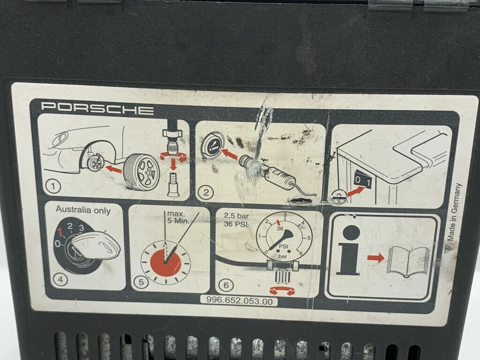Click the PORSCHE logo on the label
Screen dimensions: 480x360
click(x=97, y=109)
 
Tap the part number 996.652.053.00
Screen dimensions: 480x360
click(x=240, y=301)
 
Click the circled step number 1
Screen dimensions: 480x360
click(x=54, y=186)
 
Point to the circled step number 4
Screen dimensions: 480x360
click(x=60, y=279)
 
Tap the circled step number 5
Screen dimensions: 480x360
click(x=141, y=281)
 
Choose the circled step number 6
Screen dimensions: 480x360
click(x=226, y=285)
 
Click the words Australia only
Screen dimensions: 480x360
click(x=83, y=210)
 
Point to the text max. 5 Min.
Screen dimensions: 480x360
click(x=178, y=217)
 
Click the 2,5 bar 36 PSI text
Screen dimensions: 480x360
click(x=236, y=220)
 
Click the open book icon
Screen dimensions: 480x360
click(x=408, y=262)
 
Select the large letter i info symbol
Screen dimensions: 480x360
click(x=349, y=250)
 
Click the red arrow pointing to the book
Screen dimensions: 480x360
click(x=375, y=258)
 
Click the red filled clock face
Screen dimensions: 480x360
click(x=165, y=262)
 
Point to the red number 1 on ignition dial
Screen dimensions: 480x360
click(x=60, y=232)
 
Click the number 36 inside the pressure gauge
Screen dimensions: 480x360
click(x=280, y=228)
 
